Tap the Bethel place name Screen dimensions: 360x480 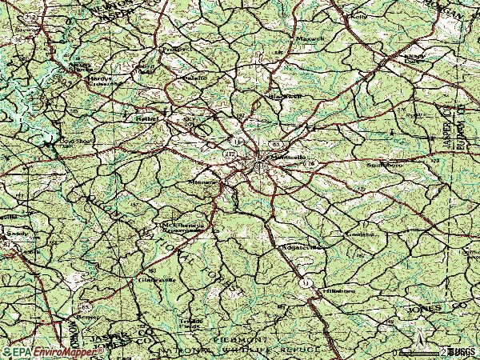[x=146, y=118]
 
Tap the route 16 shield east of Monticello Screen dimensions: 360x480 [x=310, y=164]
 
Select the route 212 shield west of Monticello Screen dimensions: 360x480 [x=230, y=152]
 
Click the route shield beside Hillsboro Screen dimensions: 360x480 [x=305, y=284]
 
